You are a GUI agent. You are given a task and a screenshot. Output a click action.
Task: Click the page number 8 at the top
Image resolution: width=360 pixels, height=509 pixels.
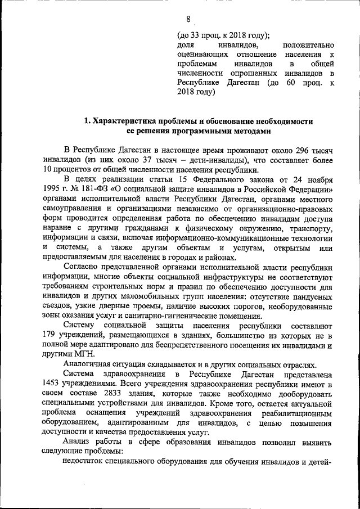180,19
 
